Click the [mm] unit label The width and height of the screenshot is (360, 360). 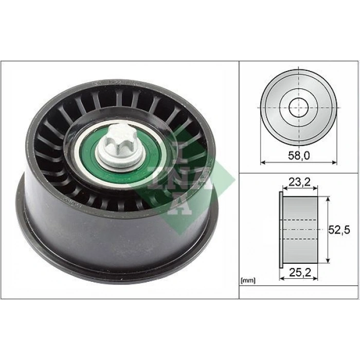[x=247, y=281]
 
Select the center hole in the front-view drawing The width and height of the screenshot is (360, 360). [x=298, y=108]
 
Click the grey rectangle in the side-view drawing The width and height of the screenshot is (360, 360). [x=299, y=229]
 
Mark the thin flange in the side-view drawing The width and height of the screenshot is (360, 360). [x=280, y=229]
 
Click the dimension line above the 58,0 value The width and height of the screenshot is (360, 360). [x=298, y=163]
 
